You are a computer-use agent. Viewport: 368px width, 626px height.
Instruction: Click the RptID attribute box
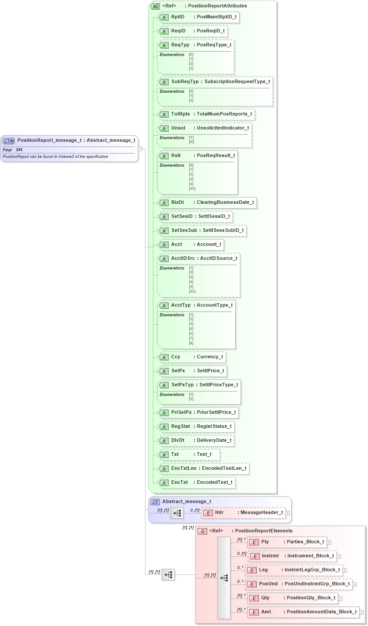198,17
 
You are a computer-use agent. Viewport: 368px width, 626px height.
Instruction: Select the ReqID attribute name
178,31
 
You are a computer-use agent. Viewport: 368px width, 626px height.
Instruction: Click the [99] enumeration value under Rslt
192,189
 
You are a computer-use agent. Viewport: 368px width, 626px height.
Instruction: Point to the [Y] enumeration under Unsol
191,137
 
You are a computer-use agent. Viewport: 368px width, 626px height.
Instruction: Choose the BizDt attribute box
207,203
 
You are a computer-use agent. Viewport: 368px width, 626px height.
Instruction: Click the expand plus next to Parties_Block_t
329,542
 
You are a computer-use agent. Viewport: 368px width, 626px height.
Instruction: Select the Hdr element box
243,513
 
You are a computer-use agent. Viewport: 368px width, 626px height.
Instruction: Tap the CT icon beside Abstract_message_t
155,502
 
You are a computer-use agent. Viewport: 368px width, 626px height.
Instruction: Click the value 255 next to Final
19,150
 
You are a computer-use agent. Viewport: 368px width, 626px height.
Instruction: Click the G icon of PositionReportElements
202,531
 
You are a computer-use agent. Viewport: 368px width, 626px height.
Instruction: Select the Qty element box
292,598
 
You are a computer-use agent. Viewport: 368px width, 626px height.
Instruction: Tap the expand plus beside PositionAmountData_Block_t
362,612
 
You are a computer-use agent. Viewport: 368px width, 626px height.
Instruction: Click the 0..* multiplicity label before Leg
240,567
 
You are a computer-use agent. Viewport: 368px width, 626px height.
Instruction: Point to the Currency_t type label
210,357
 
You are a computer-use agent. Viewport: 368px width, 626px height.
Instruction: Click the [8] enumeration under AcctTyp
191,343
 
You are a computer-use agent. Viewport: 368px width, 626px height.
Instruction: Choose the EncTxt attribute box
197,483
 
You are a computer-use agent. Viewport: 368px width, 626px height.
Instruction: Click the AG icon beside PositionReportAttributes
155,6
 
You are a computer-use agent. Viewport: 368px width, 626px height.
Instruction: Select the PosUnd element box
298,584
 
